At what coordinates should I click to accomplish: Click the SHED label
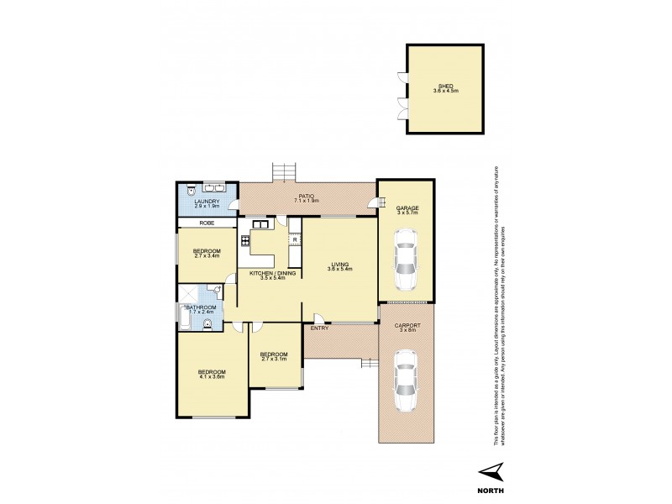click(x=445, y=85)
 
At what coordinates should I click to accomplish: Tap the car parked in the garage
click(x=406, y=258)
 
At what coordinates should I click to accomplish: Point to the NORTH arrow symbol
click(x=492, y=471)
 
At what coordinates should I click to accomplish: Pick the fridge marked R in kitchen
click(x=295, y=240)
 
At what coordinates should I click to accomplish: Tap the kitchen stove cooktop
click(x=246, y=241)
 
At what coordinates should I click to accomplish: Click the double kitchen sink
click(x=258, y=223)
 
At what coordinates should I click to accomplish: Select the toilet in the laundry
click(x=191, y=190)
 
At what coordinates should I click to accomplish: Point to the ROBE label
click(x=206, y=223)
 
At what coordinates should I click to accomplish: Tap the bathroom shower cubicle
click(x=188, y=294)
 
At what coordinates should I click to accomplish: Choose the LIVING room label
click(x=339, y=263)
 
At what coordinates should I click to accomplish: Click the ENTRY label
click(x=319, y=328)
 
